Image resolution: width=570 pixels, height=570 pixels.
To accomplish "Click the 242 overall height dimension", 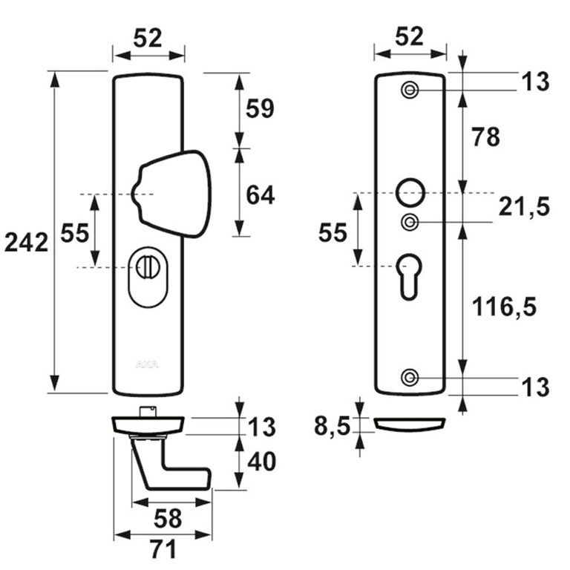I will (x=26, y=242).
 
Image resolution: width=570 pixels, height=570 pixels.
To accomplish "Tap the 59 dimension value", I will (x=260, y=109).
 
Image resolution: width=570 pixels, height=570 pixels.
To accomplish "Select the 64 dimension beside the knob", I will (x=260, y=195).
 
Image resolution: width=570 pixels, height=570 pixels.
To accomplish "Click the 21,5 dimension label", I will (x=523, y=208).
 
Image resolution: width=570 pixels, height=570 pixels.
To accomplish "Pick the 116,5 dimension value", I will (x=505, y=305).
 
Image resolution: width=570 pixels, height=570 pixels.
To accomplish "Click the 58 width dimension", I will (x=163, y=517).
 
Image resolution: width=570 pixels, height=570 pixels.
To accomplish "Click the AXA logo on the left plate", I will (x=145, y=364).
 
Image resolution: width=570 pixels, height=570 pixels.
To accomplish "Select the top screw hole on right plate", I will (x=410, y=91).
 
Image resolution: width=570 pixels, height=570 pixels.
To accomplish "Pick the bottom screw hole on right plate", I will (x=410, y=377).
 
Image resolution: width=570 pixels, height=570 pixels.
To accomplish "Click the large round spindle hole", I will (x=410, y=191).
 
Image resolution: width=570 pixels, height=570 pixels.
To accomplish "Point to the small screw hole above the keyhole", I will (x=410, y=222).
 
